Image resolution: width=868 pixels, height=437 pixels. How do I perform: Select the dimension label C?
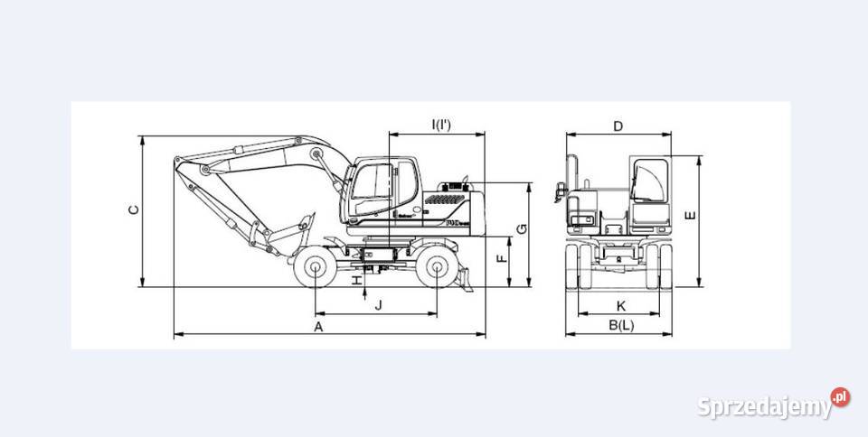click(133, 210)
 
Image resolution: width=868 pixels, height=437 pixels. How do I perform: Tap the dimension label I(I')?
click(441, 125)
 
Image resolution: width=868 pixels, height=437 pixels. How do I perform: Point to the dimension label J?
click(378, 305)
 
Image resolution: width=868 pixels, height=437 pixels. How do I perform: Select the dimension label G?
click(522, 229)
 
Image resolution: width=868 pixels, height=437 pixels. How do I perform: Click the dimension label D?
click(618, 126)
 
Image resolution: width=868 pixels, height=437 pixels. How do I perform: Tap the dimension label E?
click(691, 216)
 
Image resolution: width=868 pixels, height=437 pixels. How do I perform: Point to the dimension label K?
click(620, 305)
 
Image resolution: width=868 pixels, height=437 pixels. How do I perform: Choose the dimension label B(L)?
click(620, 325)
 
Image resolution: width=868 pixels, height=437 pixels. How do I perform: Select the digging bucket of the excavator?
click(288, 231)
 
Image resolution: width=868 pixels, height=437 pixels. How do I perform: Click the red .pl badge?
click(841, 396)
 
